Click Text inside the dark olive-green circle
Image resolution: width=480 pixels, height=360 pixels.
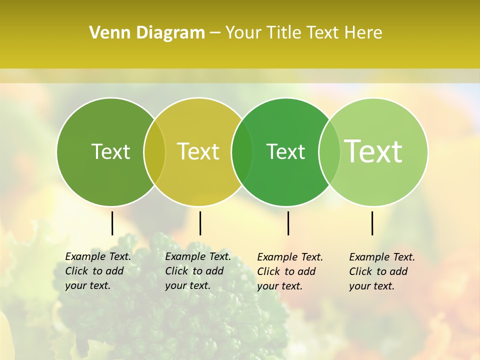pos(110,151)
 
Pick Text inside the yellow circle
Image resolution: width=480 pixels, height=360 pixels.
pos(198,151)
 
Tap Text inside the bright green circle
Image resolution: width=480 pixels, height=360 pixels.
pos(285,151)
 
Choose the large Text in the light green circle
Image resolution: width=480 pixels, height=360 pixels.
pos(373,151)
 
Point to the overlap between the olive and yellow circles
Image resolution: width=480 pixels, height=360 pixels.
pos(154,152)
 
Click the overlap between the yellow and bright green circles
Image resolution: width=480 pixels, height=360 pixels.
pos(242,152)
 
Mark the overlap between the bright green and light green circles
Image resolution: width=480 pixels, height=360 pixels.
pos(329,152)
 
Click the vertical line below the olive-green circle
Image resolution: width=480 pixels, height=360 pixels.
pos(112,223)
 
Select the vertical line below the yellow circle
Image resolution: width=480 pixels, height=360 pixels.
pos(200,223)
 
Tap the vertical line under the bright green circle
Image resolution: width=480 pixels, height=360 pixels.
pos(288,223)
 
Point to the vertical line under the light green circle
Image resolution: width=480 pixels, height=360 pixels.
pos(372,223)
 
